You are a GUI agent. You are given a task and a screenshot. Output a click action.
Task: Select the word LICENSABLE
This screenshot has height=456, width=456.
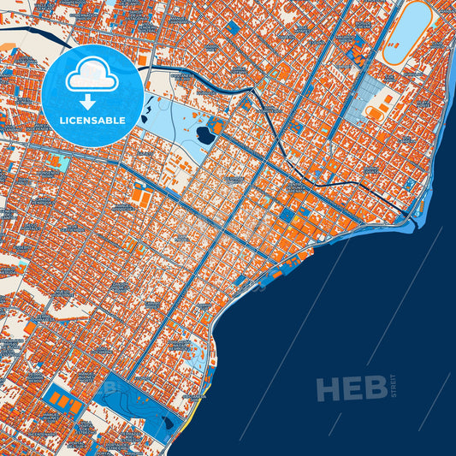point(92,120)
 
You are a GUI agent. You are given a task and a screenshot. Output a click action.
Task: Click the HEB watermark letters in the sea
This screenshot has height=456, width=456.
point(352,389)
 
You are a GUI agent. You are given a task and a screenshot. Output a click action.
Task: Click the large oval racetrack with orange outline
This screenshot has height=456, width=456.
point(406,33)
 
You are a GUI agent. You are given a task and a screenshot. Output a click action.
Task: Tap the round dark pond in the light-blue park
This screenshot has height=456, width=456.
point(204,134)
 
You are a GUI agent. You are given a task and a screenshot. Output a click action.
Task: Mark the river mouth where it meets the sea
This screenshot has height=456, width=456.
point(417,221)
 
